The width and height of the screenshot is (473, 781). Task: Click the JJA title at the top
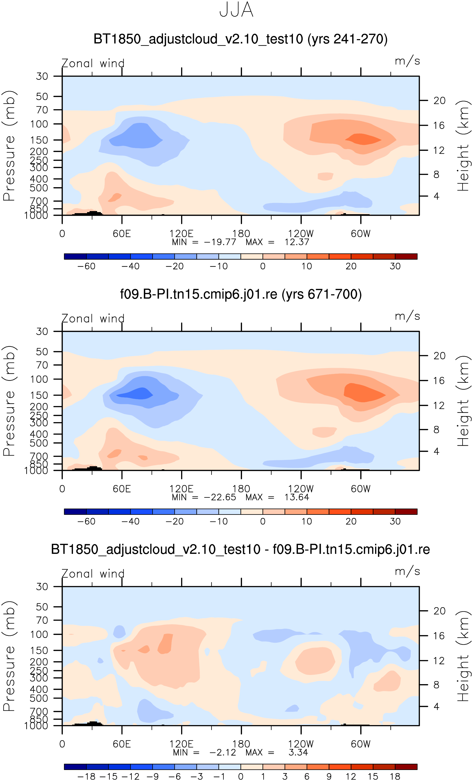pos(236,10)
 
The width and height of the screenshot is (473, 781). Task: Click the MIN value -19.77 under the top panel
pos(220,242)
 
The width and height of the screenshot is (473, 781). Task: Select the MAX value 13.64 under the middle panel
pos(296,497)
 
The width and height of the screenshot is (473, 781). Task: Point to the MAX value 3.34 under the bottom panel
pos(298,752)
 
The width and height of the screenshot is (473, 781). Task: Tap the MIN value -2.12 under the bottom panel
pos(223,752)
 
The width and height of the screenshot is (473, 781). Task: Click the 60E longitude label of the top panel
pos(122,234)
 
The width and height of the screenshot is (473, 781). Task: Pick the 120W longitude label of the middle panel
pos(301,489)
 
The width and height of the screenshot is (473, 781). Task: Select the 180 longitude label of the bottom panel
pos(241,744)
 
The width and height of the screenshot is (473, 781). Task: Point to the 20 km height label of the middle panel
pos(439,356)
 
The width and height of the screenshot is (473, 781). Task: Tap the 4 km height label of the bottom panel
pos(436,706)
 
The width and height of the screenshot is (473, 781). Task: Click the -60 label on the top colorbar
pos(86,266)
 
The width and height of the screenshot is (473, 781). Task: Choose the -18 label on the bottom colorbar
pos(86,776)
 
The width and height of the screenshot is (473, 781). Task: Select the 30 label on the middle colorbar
pos(395,521)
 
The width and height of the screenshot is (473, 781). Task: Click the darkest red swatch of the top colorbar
pos(406,256)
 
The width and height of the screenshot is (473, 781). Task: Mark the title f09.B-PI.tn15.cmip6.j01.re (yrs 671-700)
pos(241,294)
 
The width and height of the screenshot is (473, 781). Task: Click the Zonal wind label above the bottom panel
pos(93,574)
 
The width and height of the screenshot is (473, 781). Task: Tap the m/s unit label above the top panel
pos(407,61)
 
